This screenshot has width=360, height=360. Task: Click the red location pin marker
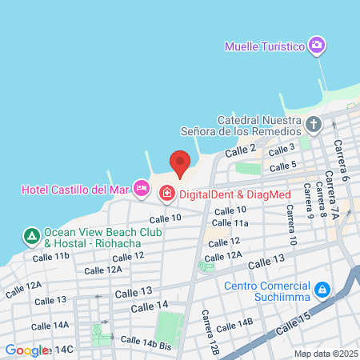180,163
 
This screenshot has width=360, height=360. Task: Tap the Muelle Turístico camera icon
318,45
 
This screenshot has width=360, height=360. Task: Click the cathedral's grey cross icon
314,125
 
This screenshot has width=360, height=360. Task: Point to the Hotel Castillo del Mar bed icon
142,189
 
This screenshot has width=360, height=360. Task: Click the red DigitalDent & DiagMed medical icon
167,193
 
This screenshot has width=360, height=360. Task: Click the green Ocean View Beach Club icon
31,236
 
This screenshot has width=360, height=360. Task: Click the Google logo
26,350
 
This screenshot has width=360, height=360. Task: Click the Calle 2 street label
240,150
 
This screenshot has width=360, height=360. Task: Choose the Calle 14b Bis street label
146,342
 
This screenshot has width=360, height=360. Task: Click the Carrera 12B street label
210,332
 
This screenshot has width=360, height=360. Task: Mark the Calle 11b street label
51,257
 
